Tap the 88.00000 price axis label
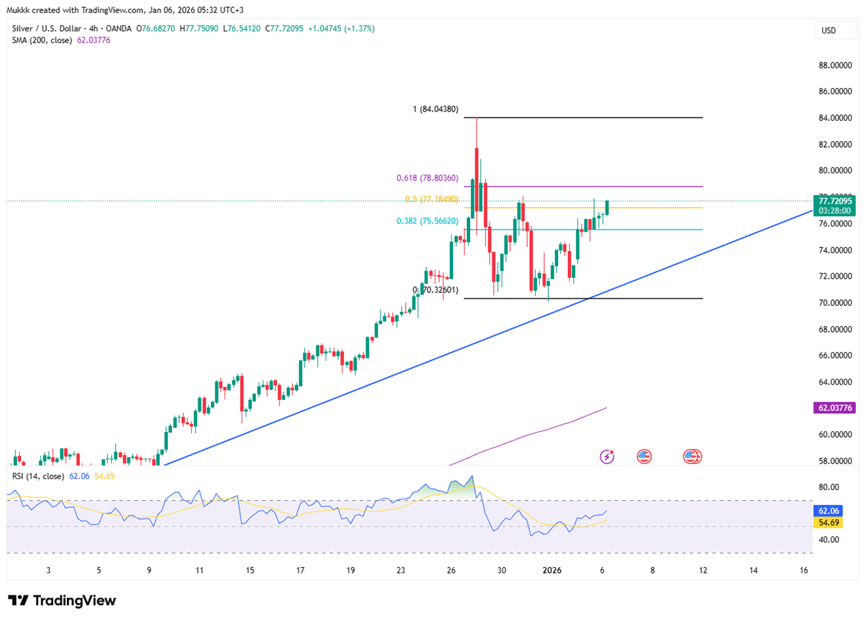tap(835, 66)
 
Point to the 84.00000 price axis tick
tap(835, 118)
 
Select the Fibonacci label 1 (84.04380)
tap(435, 109)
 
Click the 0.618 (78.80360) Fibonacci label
tap(427, 178)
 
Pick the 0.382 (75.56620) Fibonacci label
tap(427, 221)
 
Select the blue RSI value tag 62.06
tap(829, 511)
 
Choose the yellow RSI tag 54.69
tap(829, 523)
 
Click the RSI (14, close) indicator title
tap(38, 476)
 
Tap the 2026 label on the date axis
tap(552, 570)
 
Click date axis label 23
tap(401, 570)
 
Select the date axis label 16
tap(804, 570)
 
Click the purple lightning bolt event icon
tap(607, 456)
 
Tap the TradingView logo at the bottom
tap(62, 600)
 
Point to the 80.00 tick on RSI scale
tap(829, 487)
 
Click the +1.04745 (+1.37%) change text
tap(341, 28)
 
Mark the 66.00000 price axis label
tap(835, 355)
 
